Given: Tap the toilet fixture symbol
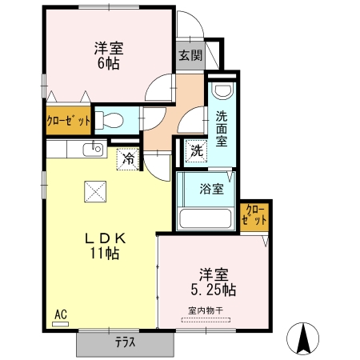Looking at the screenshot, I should (113, 121).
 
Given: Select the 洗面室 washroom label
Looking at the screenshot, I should (222, 126).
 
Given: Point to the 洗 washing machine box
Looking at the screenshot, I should (196, 150).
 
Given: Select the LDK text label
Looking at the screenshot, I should (103, 238).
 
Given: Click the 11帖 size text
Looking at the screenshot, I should (104, 254).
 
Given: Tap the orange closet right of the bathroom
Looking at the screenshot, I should (255, 215).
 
